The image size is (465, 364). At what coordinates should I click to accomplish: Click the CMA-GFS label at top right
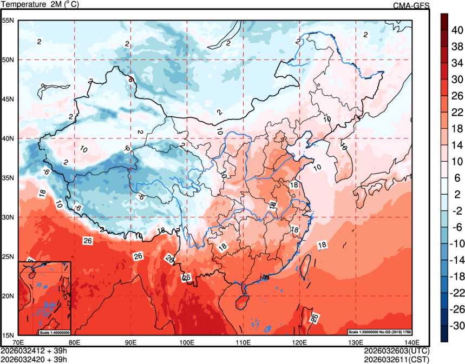(411, 5)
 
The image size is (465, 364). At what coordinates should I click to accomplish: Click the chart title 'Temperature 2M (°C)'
(40, 4)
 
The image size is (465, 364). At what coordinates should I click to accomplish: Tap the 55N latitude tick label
(8, 21)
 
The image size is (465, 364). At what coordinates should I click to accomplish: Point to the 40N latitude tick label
(8, 138)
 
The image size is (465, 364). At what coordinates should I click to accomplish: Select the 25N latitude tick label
(8, 256)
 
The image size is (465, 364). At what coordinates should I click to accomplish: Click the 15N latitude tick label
(8, 335)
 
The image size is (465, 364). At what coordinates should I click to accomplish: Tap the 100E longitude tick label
(187, 342)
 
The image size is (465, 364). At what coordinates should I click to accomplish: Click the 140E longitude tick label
(412, 342)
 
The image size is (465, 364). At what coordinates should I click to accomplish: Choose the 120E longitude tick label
(299, 342)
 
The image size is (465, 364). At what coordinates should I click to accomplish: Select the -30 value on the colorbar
(458, 326)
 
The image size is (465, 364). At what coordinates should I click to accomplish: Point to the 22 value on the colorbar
(457, 112)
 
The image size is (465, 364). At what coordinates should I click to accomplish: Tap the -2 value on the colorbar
(457, 211)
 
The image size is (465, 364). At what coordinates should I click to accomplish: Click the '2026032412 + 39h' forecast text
(34, 350)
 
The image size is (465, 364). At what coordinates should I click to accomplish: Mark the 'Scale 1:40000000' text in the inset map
(54, 332)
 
